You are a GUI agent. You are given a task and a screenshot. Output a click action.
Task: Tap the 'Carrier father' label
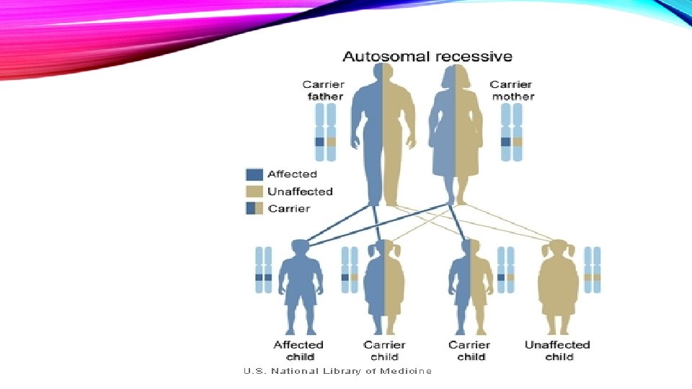(323, 90)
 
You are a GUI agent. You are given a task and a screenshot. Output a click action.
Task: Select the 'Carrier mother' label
(512, 90)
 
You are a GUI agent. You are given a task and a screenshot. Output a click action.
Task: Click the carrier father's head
(383, 77)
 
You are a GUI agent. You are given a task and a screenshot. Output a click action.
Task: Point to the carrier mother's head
(456, 79)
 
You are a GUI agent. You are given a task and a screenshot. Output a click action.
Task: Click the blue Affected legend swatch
(254, 174)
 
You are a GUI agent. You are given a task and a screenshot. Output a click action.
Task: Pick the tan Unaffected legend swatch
(254, 192)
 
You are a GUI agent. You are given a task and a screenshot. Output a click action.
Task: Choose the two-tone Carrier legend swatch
(254, 209)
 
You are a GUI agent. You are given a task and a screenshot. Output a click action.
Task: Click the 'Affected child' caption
(299, 351)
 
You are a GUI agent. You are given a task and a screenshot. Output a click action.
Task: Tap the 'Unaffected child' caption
(558, 351)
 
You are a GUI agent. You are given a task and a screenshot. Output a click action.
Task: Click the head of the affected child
(298, 249)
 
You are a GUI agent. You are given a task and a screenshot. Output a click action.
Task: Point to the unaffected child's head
(558, 249)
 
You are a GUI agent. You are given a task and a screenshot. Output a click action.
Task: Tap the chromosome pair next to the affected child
(264, 269)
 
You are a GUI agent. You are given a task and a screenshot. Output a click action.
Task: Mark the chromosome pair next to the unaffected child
(593, 269)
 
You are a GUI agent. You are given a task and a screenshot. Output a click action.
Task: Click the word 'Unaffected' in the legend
(300, 192)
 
